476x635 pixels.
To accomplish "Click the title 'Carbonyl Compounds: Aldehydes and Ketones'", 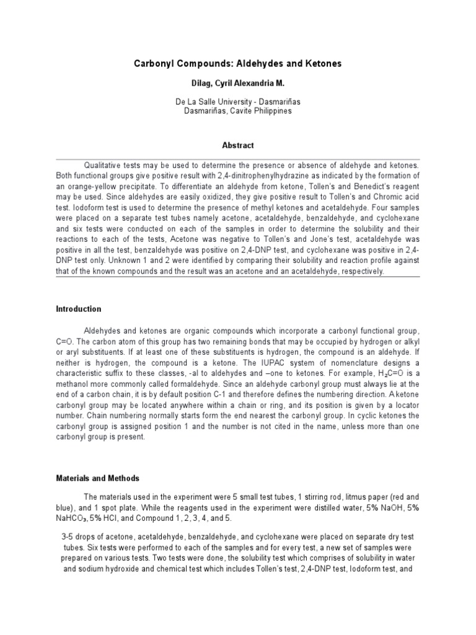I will tap(238, 63).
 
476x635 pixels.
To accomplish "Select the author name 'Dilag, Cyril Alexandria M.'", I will tap(238, 82).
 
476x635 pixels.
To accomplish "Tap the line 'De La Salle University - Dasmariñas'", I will tap(238, 102).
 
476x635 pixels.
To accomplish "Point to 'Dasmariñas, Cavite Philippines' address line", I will tap(238, 111).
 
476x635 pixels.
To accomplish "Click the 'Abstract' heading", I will tap(238, 146).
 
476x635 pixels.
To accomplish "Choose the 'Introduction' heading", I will tap(79, 309).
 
